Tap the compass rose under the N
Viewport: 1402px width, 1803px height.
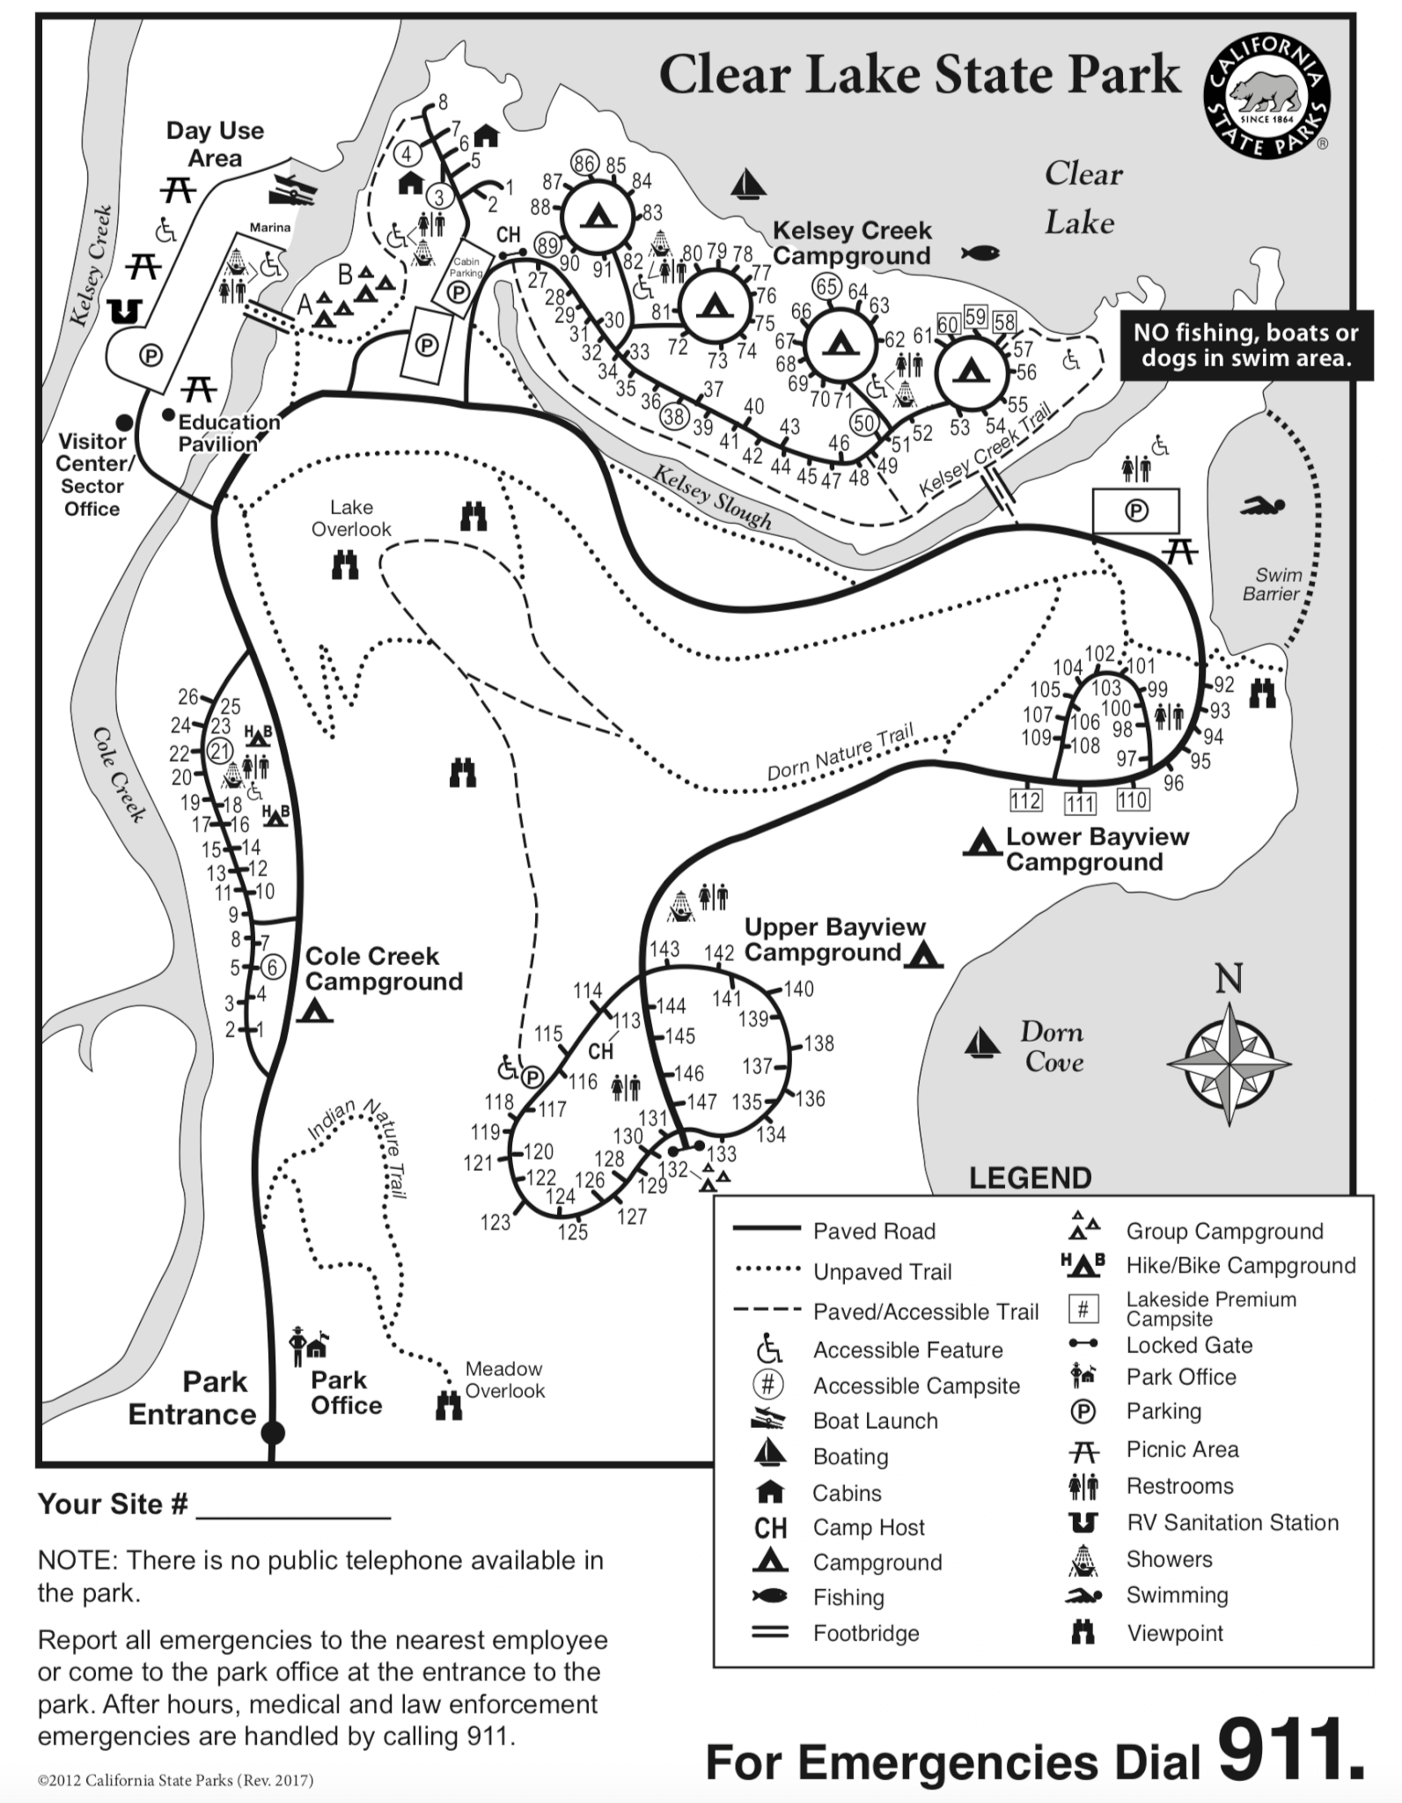click(1229, 1063)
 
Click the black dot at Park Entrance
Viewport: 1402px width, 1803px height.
click(273, 1432)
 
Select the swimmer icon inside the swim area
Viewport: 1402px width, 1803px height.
click(1263, 506)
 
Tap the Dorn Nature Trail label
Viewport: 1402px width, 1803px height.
click(840, 752)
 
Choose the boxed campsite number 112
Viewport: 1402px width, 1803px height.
click(1025, 800)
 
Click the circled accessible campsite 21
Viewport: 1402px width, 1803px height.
click(219, 751)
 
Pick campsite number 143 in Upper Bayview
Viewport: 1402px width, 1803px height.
click(664, 948)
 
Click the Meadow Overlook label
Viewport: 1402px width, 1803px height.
click(504, 1380)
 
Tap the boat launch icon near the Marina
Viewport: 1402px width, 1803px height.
click(293, 188)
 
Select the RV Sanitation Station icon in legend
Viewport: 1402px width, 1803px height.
click(1083, 1522)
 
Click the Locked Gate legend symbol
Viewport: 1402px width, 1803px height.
click(1083, 1343)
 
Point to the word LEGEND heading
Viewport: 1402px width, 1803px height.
click(1030, 1178)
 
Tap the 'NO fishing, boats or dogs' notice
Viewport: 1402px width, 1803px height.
click(1245, 345)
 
